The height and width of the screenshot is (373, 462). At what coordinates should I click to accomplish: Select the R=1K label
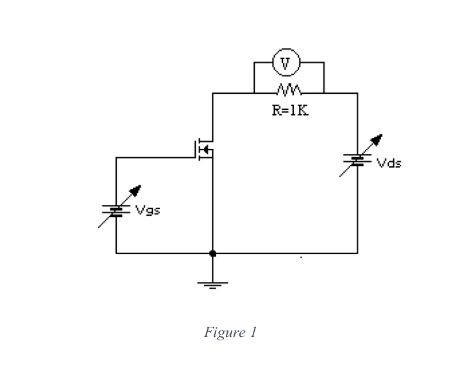(289, 110)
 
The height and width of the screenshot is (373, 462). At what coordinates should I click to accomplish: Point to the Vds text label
(389, 163)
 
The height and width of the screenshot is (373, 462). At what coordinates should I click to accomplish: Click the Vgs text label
(148, 210)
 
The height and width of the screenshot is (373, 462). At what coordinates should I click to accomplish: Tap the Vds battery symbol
(357, 160)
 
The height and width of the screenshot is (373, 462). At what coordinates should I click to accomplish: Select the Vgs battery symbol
(116, 210)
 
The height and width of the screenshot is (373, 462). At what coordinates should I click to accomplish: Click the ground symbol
(212, 283)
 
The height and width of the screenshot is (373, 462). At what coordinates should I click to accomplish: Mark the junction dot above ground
(212, 254)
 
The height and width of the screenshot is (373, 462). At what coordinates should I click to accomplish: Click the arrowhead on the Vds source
(379, 139)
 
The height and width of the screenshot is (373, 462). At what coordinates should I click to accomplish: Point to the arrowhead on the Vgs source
(136, 190)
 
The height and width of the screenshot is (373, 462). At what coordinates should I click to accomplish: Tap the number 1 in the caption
(253, 333)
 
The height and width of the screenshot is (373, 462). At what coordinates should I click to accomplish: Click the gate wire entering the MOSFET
(160, 157)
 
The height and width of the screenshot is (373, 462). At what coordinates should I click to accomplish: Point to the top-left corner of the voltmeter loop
(254, 63)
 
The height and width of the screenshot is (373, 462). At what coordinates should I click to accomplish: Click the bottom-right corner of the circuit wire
(357, 254)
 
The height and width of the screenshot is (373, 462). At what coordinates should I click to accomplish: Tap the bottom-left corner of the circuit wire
(116, 254)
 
